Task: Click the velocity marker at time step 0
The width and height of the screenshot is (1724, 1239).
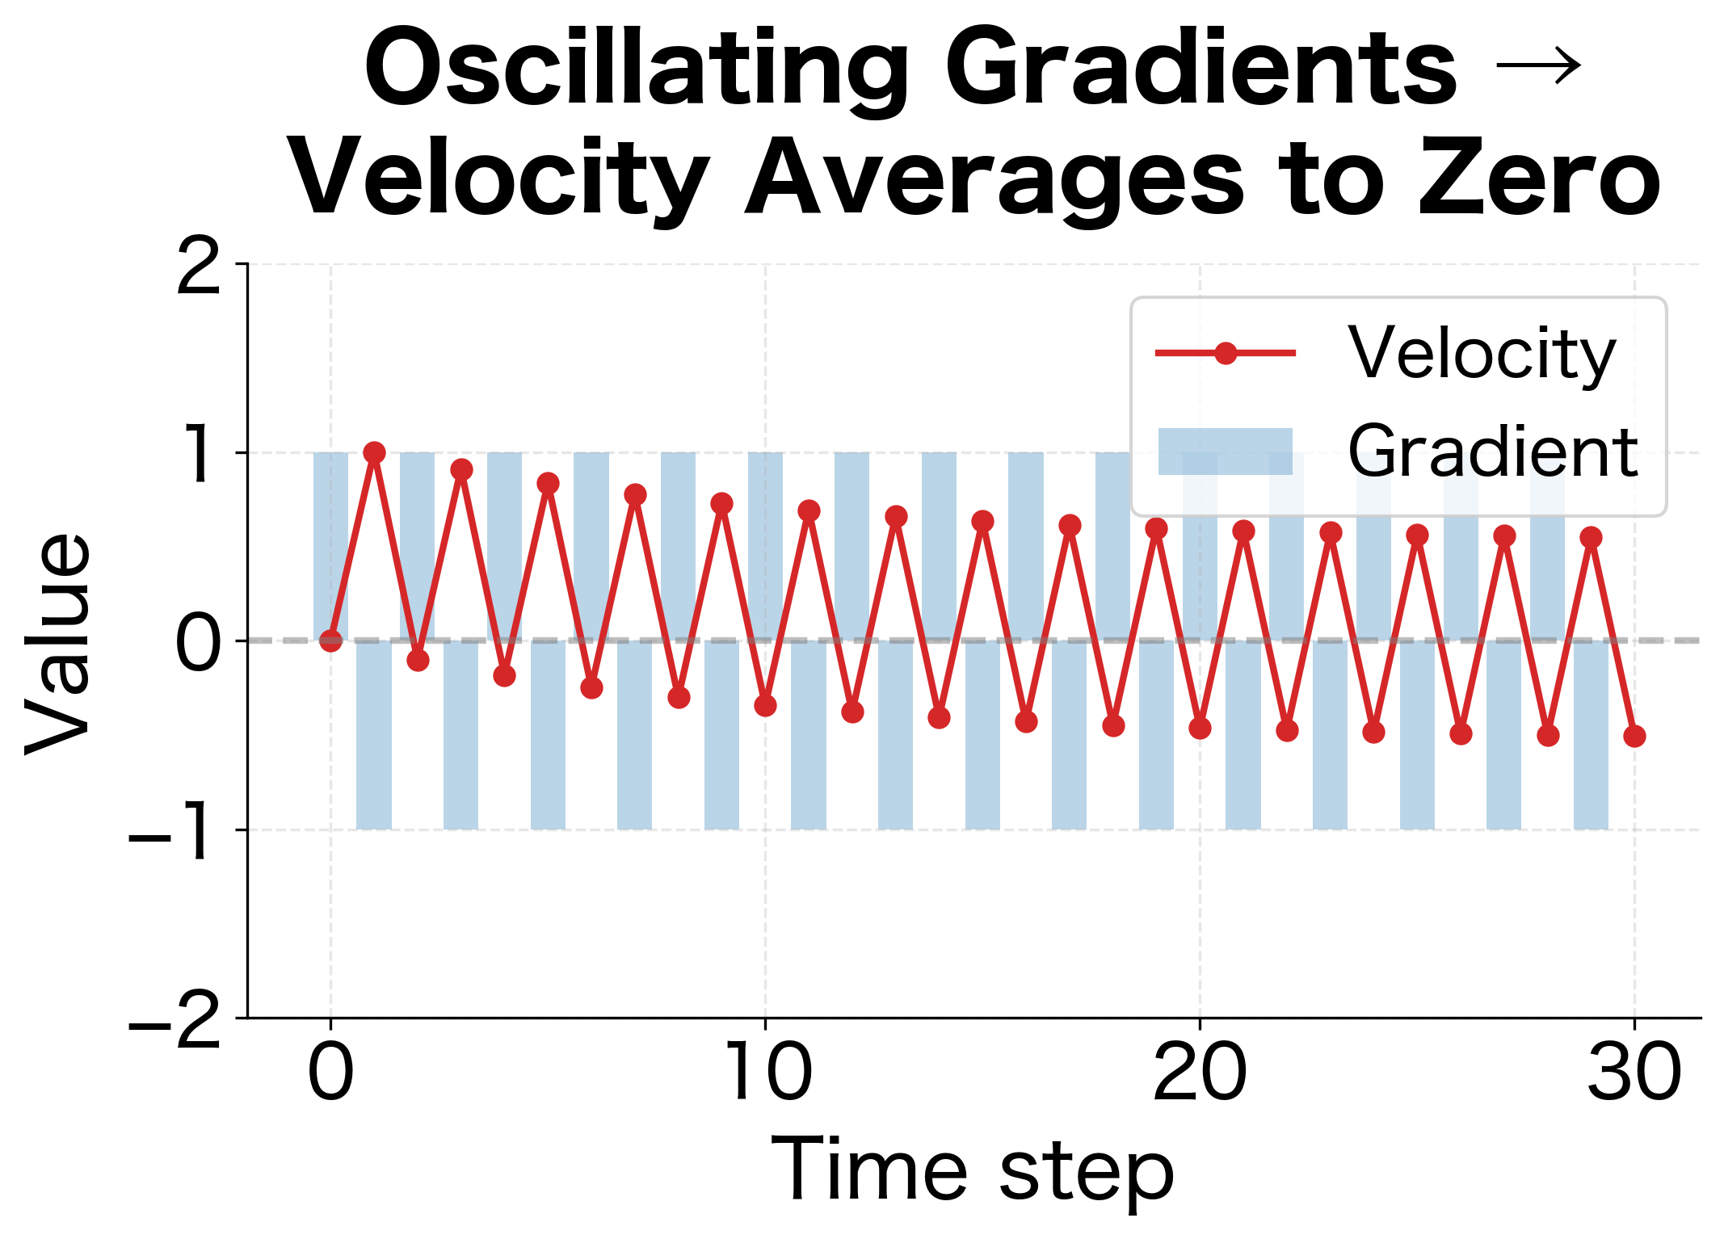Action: tap(330, 640)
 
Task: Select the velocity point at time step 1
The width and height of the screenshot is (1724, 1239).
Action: tap(374, 452)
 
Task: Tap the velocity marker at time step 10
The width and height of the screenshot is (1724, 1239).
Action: tap(765, 705)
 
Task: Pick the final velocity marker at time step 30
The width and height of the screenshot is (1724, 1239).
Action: tap(1634, 736)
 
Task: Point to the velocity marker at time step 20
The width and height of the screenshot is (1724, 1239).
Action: tap(1200, 728)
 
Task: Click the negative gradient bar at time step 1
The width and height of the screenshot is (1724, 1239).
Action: tap(374, 735)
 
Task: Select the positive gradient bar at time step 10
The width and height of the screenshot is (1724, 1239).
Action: tap(765, 546)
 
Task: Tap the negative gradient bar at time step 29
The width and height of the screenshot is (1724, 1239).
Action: tap(1591, 735)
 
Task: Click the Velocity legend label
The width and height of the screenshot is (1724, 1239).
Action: tap(1482, 353)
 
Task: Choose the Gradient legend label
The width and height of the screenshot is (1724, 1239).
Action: tap(1492, 451)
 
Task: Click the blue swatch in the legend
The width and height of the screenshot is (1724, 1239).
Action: tap(1225, 451)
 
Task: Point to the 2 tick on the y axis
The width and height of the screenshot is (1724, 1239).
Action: tap(199, 266)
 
